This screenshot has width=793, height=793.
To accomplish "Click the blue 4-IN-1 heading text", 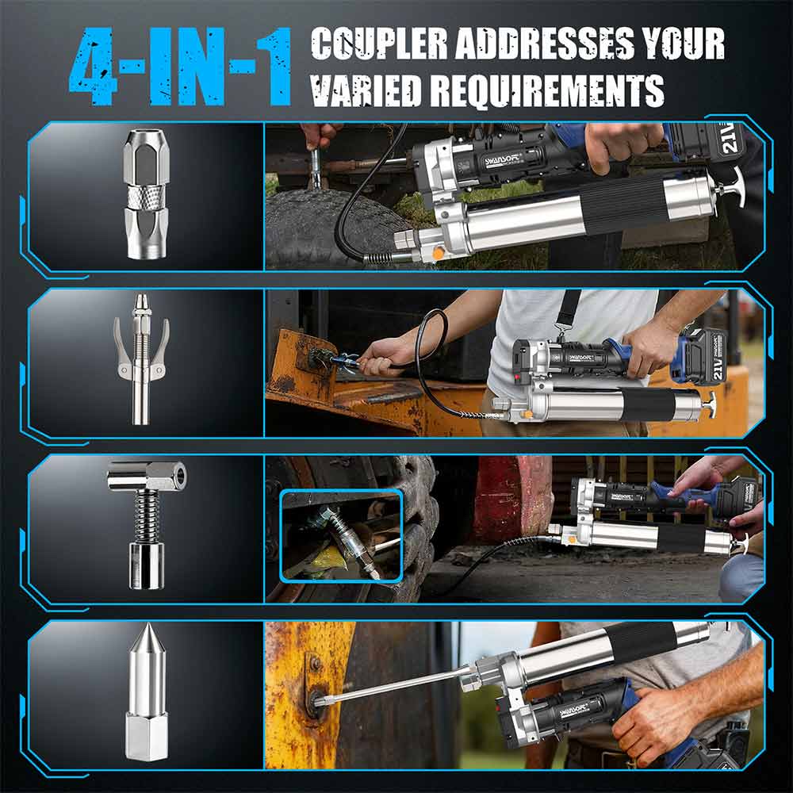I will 181,68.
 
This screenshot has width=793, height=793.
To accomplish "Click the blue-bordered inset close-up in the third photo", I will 340,535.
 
